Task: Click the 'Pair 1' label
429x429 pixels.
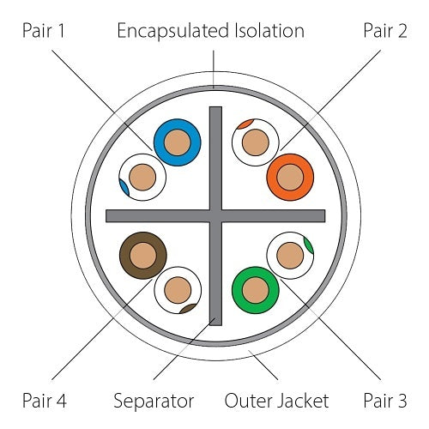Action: [44, 30]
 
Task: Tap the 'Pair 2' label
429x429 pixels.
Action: [385, 30]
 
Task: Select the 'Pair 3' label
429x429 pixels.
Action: [385, 400]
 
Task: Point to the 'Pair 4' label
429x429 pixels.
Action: [45, 400]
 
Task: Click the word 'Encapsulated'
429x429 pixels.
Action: [173, 32]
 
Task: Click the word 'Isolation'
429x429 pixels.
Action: [269, 30]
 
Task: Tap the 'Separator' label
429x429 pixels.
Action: [154, 402]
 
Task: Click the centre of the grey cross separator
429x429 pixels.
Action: [215, 216]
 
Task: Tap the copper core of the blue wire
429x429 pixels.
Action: [178, 142]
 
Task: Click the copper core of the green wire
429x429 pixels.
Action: [256, 290]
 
